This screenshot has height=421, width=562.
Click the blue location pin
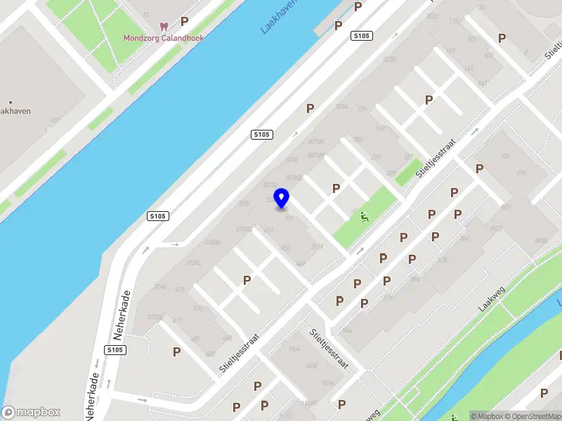pyautogui.click(x=282, y=198)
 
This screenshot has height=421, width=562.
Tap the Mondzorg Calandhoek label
pyautogui.click(x=164, y=38)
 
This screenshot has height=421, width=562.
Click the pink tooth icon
pyautogui.click(x=164, y=27)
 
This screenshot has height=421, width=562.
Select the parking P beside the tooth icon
pyautogui.click(x=184, y=22)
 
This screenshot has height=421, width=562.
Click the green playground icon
pyautogui.click(x=364, y=216)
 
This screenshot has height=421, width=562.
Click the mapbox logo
pyautogui.click(x=31, y=412)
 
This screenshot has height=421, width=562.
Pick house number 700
pyautogui.click(x=503, y=156)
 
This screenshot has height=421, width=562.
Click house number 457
pyautogui.click(x=268, y=230)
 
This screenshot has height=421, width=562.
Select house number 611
pyautogui.click(x=176, y=321)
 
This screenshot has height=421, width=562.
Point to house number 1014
pyautogui.click(x=328, y=382)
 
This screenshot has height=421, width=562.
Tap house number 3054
pyautogui.click(x=341, y=107)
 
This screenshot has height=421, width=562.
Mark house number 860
pyautogui.click(x=464, y=239)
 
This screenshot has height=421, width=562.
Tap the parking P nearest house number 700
pyautogui.click(x=479, y=168)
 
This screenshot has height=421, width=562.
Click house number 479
pyautogui.click(x=179, y=290)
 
